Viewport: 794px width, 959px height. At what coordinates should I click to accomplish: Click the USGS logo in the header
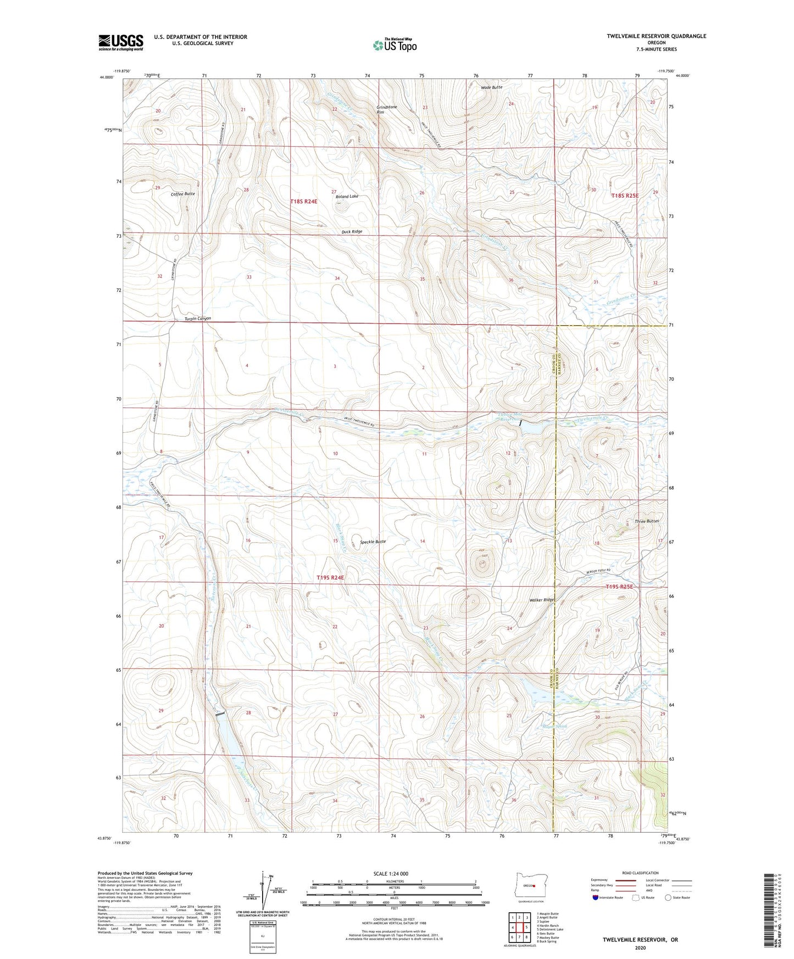[121, 42]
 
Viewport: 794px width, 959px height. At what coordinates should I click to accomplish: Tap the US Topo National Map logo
[394, 45]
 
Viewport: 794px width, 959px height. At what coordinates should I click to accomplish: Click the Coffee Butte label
[182, 194]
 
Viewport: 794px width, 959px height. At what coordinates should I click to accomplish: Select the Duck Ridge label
[352, 232]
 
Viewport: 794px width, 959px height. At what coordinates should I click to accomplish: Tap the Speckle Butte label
[373, 542]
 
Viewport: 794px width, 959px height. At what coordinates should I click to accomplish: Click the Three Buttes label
[646, 521]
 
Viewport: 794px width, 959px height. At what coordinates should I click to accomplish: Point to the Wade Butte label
[491, 87]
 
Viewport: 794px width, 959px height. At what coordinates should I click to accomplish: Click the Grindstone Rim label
[387, 109]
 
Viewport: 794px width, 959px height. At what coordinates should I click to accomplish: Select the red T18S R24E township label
[304, 202]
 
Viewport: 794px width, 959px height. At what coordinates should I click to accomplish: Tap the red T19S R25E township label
[619, 587]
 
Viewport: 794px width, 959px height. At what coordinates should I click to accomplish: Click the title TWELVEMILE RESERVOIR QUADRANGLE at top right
[656, 36]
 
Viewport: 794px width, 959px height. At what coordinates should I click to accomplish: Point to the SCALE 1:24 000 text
[391, 873]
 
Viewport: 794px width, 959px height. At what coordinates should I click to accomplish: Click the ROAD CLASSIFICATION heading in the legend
[640, 873]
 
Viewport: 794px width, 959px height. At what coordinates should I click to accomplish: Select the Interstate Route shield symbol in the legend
[596, 897]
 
